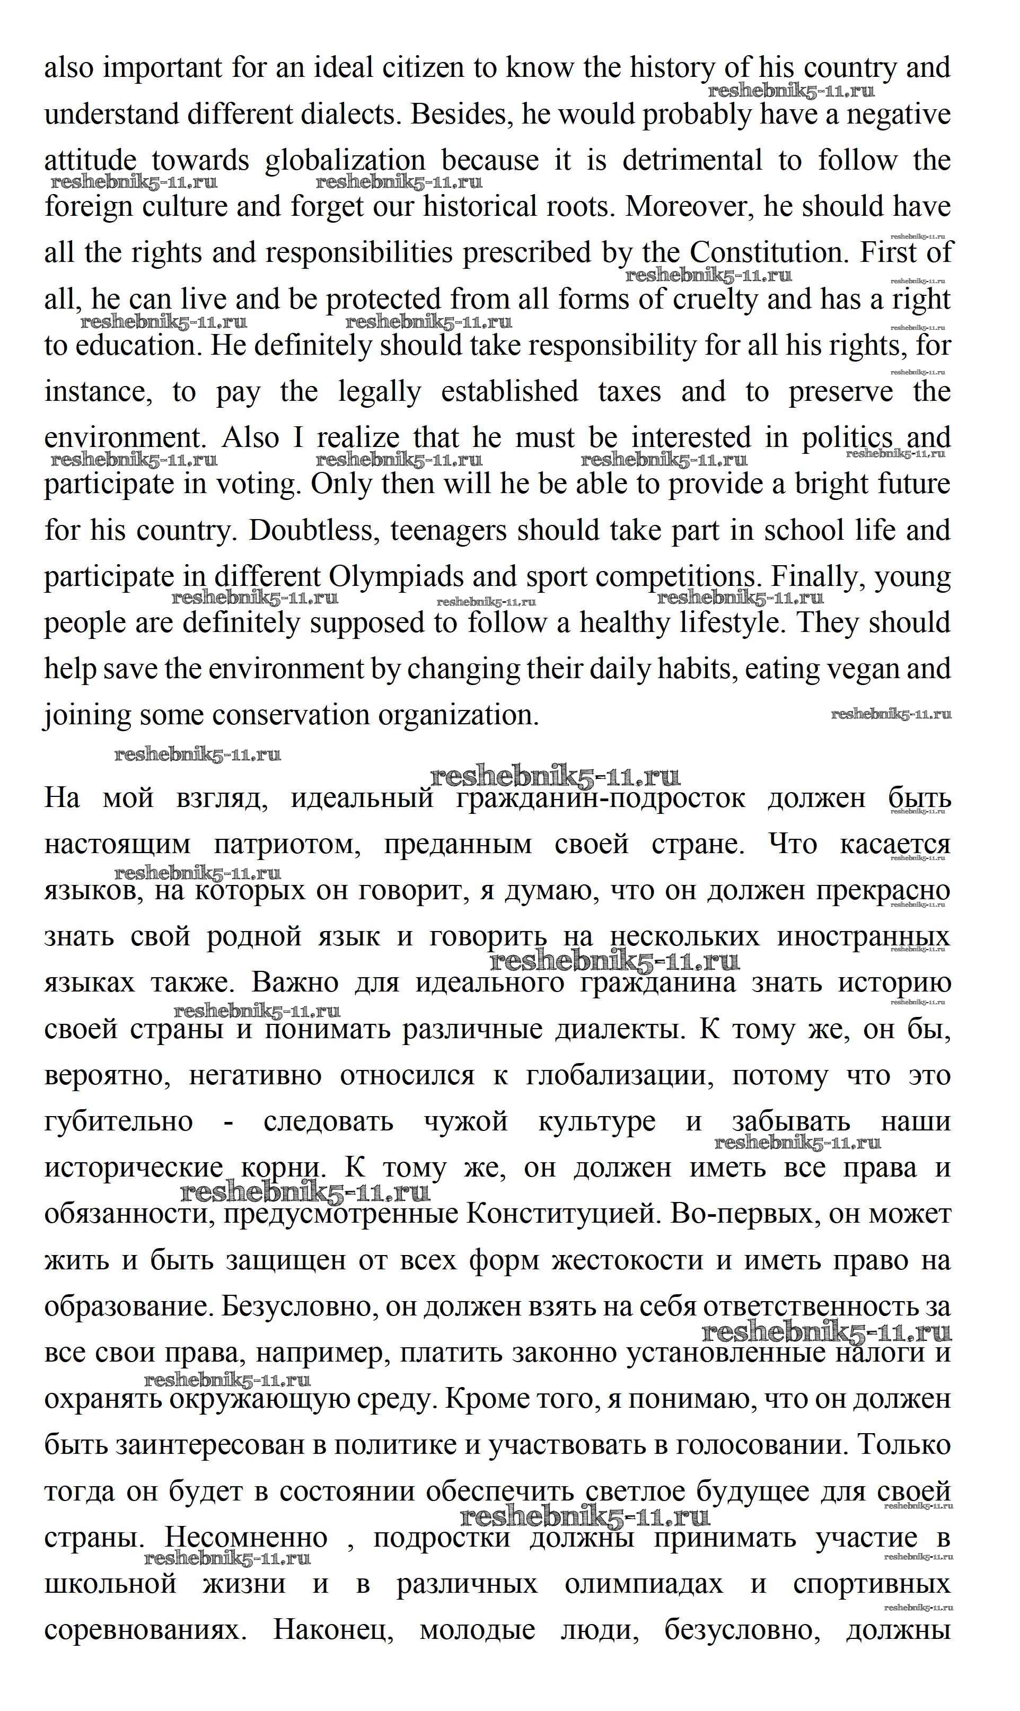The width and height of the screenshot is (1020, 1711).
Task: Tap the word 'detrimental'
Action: click(x=692, y=161)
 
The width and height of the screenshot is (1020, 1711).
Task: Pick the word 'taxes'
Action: click(x=630, y=392)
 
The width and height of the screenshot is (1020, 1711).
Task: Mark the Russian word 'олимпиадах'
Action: click(x=644, y=1584)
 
